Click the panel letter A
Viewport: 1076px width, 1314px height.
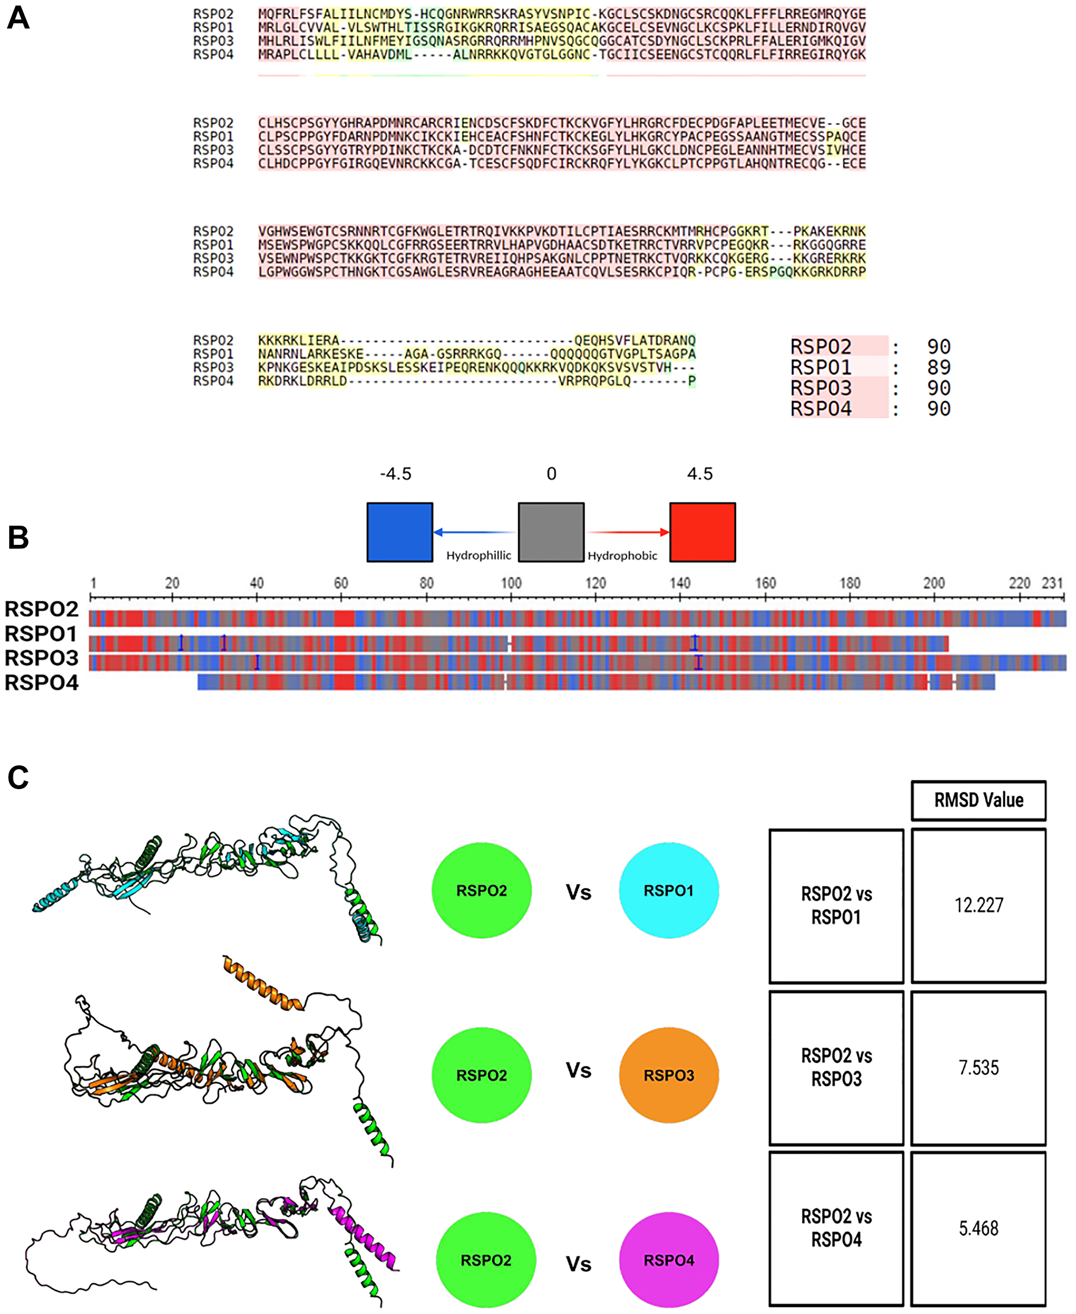click(18, 18)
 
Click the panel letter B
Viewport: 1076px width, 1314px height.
click(18, 537)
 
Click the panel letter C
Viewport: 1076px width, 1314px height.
click(18, 778)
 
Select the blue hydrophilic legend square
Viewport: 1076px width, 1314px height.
click(399, 532)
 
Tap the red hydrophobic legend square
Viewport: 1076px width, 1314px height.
click(702, 532)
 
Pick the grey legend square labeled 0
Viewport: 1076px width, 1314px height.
click(551, 532)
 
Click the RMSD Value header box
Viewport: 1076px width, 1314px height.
click(978, 800)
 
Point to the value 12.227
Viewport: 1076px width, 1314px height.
click(978, 905)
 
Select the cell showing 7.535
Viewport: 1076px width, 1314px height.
click(978, 1068)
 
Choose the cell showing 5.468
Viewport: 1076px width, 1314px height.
click(978, 1228)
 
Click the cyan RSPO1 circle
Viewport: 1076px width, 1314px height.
click(668, 890)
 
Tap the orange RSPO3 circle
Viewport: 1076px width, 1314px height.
click(668, 1075)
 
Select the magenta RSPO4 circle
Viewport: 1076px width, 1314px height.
click(668, 1260)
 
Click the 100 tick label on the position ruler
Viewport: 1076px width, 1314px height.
click(511, 583)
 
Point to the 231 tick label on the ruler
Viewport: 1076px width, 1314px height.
click(1052, 583)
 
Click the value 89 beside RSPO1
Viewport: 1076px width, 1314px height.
click(938, 367)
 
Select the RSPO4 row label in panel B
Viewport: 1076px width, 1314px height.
click(41, 683)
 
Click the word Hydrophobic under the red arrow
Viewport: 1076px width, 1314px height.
click(622, 556)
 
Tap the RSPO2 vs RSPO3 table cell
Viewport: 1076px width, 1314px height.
click(836, 1068)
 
